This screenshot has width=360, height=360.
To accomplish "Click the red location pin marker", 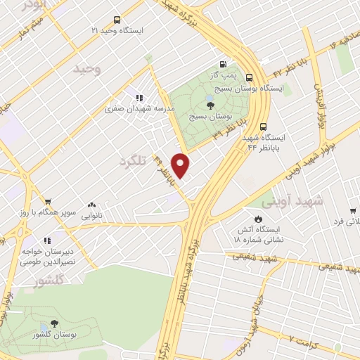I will click(181, 166).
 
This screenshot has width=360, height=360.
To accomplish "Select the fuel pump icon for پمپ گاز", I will click(224, 62).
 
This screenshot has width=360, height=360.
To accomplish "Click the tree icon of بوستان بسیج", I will click(211, 105).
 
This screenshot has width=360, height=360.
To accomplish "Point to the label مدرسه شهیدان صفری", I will click(138, 109).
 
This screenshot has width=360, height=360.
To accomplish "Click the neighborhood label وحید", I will click(91, 69).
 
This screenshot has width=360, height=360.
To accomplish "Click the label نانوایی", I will click(90, 214).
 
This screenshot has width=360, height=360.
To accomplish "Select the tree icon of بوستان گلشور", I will click(54, 324).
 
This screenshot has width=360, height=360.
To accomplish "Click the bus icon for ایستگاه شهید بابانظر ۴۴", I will click(263, 127).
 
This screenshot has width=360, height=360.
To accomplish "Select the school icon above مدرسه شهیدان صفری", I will click(139, 98).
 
